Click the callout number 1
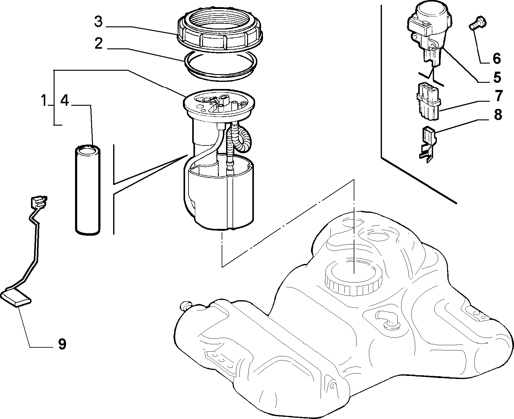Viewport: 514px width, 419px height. [44, 101]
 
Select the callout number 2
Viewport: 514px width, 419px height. [98, 44]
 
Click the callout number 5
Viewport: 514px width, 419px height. [497, 77]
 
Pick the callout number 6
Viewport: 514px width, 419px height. [497, 58]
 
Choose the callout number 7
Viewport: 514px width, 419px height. [498, 96]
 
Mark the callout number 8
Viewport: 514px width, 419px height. [498, 115]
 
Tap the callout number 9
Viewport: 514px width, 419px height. [62, 344]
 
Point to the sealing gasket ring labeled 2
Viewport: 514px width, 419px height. [221, 76]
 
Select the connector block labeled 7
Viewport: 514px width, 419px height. [428, 101]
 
